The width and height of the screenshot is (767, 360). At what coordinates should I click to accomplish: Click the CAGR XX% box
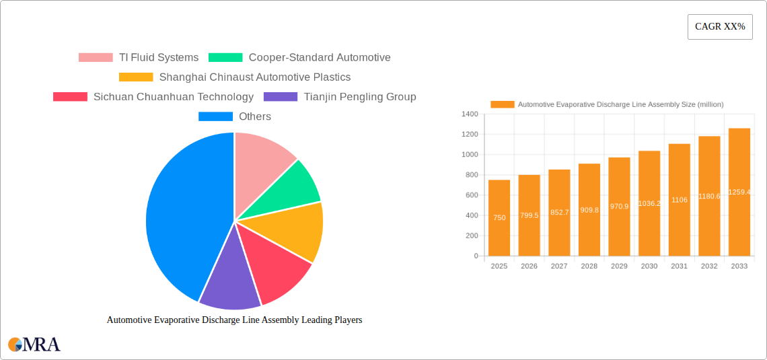(x=720, y=27)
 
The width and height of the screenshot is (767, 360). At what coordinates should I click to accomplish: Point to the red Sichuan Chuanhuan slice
(x=272, y=269)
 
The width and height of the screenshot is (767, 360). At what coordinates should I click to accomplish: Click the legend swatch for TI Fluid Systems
(x=96, y=58)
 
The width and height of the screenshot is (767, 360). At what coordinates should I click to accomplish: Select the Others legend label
(x=255, y=116)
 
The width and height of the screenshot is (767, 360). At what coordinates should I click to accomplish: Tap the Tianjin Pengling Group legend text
(x=360, y=97)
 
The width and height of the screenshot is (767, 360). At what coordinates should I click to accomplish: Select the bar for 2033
(x=739, y=192)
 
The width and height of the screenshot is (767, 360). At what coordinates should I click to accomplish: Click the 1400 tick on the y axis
(x=469, y=114)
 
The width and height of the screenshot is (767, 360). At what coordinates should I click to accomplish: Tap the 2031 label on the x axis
(x=679, y=266)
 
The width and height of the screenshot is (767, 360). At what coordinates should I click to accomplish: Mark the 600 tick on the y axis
(x=470, y=195)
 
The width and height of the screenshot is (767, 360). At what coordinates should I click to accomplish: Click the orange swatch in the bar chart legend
(x=502, y=104)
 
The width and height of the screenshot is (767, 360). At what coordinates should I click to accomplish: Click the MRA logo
(x=34, y=345)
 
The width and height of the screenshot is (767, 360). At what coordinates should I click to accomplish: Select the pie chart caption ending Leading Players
(x=234, y=320)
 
